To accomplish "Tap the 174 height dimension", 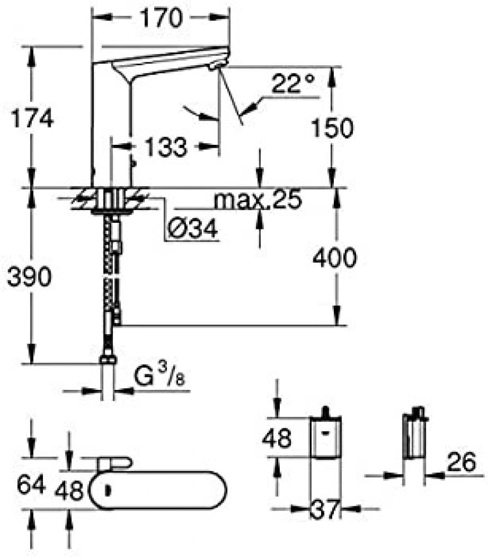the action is point(32,118).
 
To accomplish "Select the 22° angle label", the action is point(293,84).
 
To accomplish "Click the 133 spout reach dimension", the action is point(166,146).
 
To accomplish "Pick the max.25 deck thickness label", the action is point(258,199).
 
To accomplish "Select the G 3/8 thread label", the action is point(160,376).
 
